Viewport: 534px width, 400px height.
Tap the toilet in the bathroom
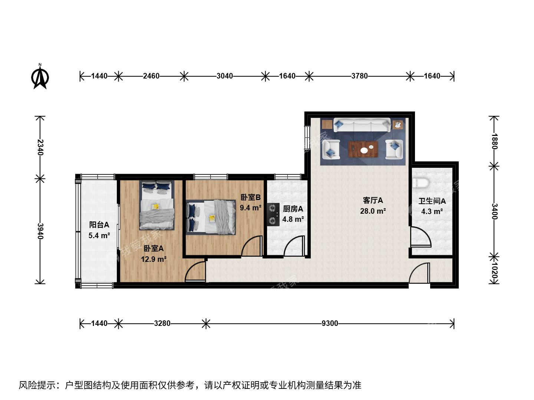click(421, 183)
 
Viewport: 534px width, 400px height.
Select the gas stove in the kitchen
click(273, 214)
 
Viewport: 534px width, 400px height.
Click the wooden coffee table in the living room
click(363, 149)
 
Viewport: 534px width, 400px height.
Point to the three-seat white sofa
click(362, 125)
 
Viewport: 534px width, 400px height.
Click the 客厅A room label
click(373, 200)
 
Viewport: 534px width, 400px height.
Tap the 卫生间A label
click(432, 201)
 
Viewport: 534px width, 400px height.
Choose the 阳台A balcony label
click(99, 225)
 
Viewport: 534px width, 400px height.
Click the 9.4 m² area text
click(251, 208)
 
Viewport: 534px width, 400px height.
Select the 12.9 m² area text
click(154, 259)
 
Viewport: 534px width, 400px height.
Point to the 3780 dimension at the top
click(360, 76)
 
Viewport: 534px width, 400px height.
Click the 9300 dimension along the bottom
click(330, 323)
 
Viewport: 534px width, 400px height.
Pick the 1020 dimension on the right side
click(494, 270)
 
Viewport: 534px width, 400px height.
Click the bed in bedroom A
click(156, 205)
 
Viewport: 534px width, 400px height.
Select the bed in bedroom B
click(211, 217)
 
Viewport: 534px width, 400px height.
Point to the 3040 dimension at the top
click(225, 76)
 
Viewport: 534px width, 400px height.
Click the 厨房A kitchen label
click(293, 209)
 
